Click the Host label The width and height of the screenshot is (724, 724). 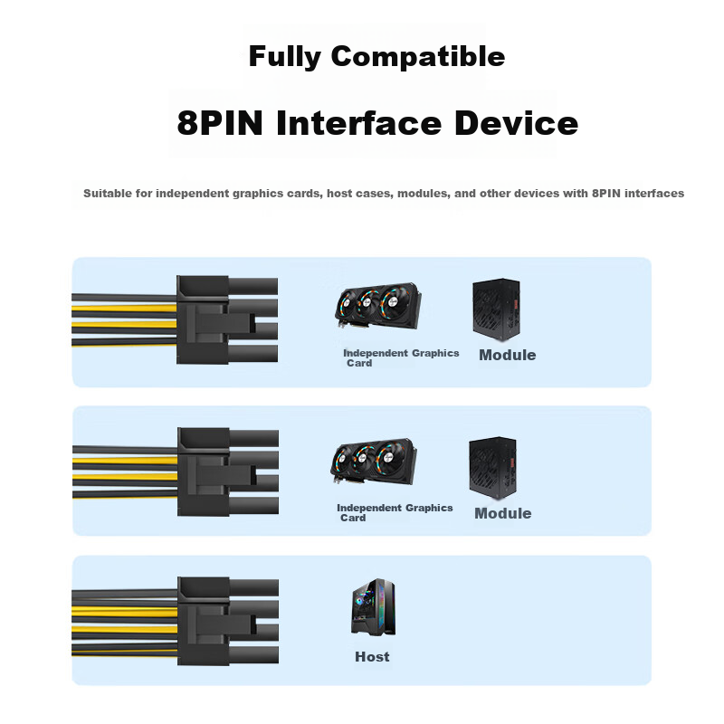click(372, 657)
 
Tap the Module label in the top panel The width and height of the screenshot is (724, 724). click(507, 356)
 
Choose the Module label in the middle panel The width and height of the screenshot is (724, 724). click(502, 513)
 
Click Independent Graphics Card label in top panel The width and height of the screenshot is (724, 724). click(400, 357)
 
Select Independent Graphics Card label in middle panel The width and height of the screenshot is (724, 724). click(394, 512)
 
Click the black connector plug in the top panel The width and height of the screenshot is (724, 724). click(204, 319)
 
